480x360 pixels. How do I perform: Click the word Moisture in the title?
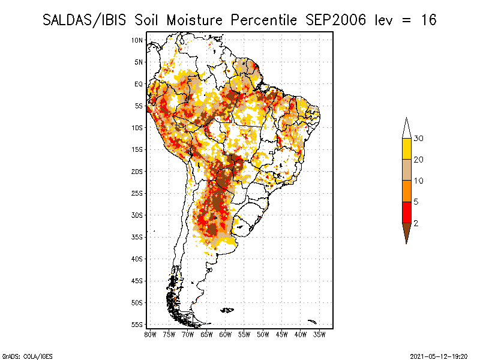[x=194, y=20]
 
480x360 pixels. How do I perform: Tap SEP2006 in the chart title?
[x=336, y=20]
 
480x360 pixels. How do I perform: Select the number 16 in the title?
[x=428, y=20]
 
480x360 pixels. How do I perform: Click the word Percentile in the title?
[x=263, y=20]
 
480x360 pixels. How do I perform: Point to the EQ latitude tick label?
[x=139, y=84]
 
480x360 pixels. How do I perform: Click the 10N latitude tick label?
[x=137, y=40]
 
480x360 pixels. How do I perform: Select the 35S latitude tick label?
[x=137, y=237]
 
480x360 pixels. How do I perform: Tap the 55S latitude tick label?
[x=137, y=325]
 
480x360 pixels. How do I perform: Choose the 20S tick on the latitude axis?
[x=137, y=172]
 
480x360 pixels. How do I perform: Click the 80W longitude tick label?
[x=150, y=335]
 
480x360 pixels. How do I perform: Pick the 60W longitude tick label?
[x=226, y=335]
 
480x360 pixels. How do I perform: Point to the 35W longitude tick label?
[x=319, y=335]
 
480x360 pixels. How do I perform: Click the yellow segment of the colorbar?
[x=407, y=149]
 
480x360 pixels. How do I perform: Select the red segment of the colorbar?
[x=407, y=212]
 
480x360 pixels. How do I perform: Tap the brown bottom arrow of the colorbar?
[x=407, y=232]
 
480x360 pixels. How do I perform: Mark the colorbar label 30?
[x=418, y=139]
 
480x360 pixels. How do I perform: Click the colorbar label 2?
[x=416, y=223]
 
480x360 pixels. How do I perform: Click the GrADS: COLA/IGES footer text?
[x=27, y=356]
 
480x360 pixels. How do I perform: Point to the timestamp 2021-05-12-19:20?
[x=439, y=356]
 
